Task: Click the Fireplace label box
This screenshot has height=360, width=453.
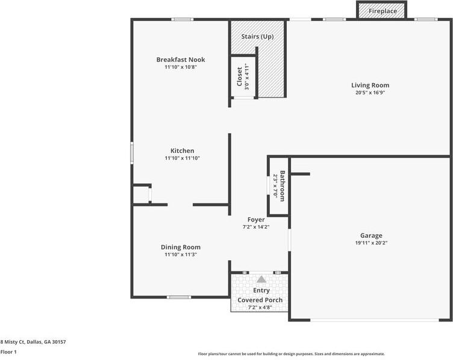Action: coord(382,11)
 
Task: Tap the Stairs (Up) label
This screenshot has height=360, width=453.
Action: coord(257,37)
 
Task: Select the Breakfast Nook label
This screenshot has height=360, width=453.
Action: coord(181,60)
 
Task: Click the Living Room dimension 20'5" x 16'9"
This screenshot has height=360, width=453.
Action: coord(370,93)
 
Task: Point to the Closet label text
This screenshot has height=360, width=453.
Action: coord(239,76)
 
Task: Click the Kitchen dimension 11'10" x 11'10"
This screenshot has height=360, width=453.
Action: coord(182,158)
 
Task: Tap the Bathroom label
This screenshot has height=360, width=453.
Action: coord(282,186)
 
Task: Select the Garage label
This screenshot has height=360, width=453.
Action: coord(371,235)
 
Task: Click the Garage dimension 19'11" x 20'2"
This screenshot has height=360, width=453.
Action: coord(371,243)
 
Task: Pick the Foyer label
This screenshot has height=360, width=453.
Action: coord(256,220)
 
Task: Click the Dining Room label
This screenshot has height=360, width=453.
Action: coord(181,247)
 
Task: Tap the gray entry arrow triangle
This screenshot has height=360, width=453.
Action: coord(261,279)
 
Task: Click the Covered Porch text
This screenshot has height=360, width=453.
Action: coord(260,300)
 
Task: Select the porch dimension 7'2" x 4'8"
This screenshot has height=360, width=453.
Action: coord(260,308)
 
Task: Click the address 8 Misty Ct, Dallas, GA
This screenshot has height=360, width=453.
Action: coord(33,341)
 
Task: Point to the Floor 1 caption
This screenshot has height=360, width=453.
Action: coord(8,352)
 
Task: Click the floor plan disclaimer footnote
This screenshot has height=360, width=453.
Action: coord(292,354)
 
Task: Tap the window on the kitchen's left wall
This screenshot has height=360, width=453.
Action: coord(132,152)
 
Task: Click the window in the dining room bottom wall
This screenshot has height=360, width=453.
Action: coord(179,297)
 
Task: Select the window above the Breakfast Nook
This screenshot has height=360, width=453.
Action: coord(181,20)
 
